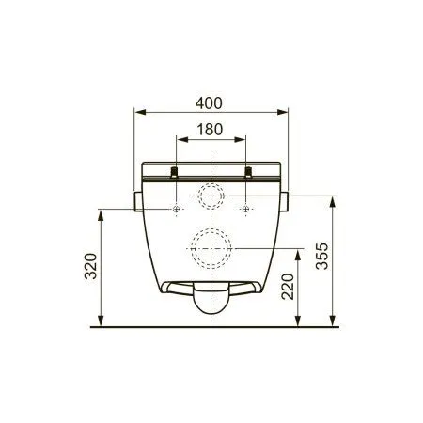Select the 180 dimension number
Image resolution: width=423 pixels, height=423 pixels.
pyautogui.click(x=212, y=125)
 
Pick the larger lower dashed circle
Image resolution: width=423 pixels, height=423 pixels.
pyautogui.click(x=211, y=248)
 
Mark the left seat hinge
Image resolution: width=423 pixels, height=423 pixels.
pyautogui.click(x=176, y=172)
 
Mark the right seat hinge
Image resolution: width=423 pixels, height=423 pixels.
pyautogui.click(x=248, y=172)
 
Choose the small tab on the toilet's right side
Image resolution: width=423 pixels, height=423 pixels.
pyautogui.click(x=286, y=201)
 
